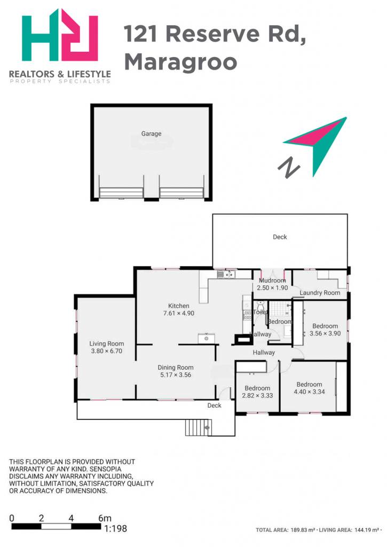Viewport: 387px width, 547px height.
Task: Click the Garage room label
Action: click(151, 133)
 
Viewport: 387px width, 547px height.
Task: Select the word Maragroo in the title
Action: click(180, 61)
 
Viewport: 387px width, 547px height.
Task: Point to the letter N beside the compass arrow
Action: click(289, 168)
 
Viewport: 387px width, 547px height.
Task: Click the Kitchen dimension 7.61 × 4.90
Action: click(178, 313)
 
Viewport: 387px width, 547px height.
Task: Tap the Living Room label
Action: click(107, 343)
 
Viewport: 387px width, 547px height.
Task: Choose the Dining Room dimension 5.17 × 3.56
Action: click(176, 375)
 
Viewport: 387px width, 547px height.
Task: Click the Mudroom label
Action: click(272, 280)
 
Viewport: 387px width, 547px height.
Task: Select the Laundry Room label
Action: click(320, 293)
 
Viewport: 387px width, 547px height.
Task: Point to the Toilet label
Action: click(260, 312)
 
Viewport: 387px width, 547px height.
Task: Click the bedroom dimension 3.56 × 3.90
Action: click(325, 333)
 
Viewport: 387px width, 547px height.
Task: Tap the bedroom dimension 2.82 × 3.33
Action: click(257, 396)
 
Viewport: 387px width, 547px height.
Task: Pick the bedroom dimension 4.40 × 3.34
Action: click(309, 392)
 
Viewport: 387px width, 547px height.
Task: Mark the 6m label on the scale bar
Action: click(105, 518)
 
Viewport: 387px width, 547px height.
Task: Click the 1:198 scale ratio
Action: click(116, 528)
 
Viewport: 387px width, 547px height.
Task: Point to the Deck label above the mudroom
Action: click(280, 237)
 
